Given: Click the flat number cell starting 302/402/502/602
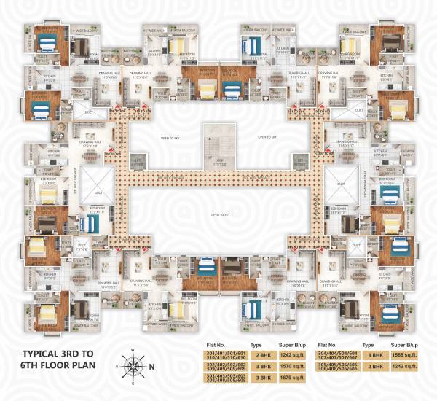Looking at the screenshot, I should point(227,367).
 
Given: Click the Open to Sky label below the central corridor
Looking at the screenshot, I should point(217,214).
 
